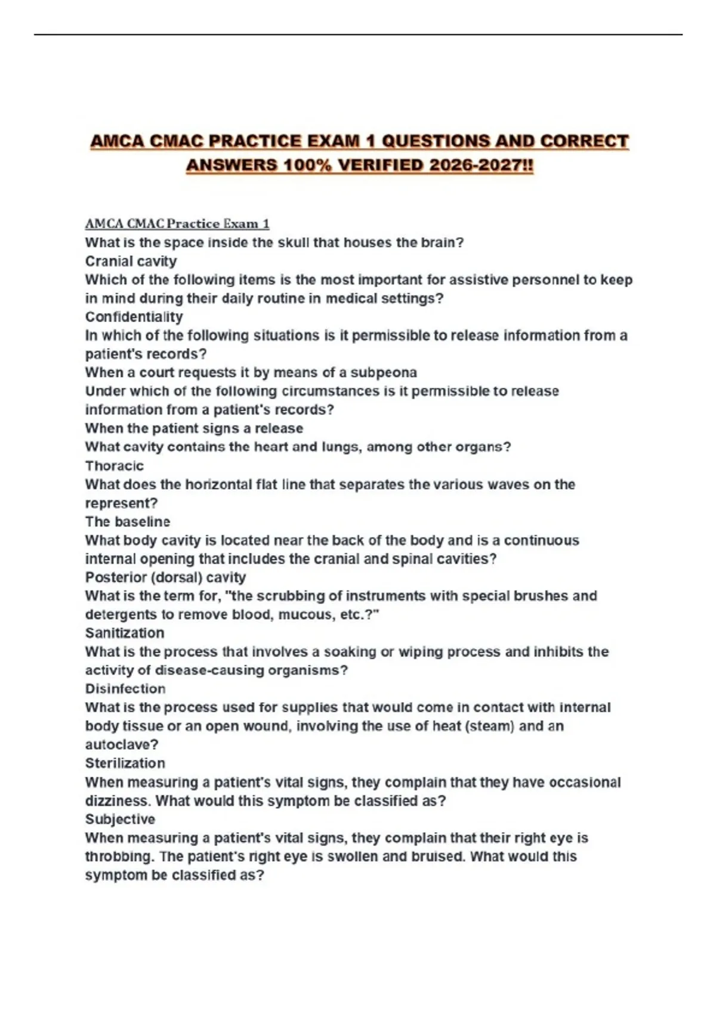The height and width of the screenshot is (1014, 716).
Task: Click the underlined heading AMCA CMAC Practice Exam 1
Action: (x=177, y=224)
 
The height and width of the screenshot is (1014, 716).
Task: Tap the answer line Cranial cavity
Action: (x=131, y=261)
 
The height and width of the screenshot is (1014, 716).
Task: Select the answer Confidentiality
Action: (x=134, y=317)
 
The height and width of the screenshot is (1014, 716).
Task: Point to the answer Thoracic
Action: (x=114, y=466)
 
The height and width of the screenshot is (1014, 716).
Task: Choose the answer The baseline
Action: (x=127, y=522)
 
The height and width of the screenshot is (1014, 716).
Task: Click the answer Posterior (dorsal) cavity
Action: (x=165, y=577)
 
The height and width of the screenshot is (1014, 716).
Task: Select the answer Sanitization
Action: (x=124, y=633)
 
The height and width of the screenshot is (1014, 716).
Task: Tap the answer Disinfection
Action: (x=125, y=689)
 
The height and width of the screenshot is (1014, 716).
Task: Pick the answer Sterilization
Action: (x=125, y=763)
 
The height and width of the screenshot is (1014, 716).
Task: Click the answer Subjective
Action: (x=120, y=819)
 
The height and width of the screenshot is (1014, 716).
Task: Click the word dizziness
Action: (x=117, y=800)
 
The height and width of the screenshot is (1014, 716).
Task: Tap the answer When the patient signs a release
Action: (x=194, y=428)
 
